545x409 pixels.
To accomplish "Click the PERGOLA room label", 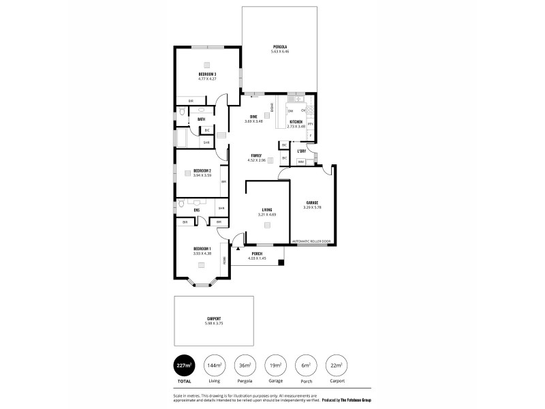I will tap(280, 46).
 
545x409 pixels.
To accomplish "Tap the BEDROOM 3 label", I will tap(207, 74).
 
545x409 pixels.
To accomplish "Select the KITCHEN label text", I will tap(296, 122).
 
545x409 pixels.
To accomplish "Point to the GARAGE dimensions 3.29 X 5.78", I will tap(313, 207).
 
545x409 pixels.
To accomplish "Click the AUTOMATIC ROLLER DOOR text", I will tap(311, 241).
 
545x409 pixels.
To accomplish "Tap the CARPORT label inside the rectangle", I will tap(214, 318).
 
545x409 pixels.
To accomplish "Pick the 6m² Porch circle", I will tap(307, 366).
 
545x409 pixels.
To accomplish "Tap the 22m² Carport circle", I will tap(337, 366).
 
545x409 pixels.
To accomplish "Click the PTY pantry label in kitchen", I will tap(310, 124).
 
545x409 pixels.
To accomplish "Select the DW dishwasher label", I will tap(290, 110).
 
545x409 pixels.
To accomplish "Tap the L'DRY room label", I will tap(301, 151).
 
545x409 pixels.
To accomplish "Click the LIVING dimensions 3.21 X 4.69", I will tap(268, 215).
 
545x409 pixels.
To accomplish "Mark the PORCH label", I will tap(258, 254).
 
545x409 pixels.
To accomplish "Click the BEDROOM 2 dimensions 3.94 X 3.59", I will tap(202, 175).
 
